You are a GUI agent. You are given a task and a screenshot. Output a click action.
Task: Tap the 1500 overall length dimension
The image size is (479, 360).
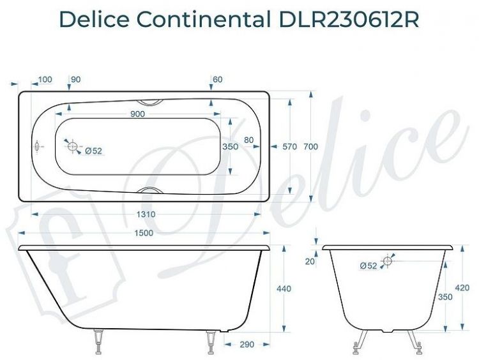pyautogui.click(x=144, y=233)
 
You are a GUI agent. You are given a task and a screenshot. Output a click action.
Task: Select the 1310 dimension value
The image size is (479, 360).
pyautogui.click(x=146, y=214)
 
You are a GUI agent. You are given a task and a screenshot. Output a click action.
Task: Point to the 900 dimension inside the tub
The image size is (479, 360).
pyautogui.click(x=137, y=114)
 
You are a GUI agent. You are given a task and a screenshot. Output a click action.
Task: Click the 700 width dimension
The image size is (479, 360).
pyautogui.click(x=310, y=147)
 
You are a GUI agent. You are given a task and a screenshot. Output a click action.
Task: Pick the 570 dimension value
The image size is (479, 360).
pyautogui.click(x=290, y=147)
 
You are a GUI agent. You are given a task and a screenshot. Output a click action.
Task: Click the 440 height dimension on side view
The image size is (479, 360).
pyautogui.click(x=283, y=289)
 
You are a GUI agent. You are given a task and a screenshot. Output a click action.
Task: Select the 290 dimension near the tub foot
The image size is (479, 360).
pyautogui.click(x=247, y=345)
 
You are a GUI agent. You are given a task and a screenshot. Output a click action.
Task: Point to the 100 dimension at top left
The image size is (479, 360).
pyautogui.click(x=45, y=80)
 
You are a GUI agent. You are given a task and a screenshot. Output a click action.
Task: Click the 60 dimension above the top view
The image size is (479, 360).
pyautogui.click(x=218, y=80)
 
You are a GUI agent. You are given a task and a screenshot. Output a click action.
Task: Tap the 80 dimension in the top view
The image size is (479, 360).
pyautogui.click(x=249, y=140)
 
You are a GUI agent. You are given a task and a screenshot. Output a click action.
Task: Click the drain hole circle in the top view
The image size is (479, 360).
pyautogui.click(x=73, y=147)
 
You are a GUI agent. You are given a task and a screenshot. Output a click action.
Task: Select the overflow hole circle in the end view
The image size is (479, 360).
pyautogui.click(x=388, y=260)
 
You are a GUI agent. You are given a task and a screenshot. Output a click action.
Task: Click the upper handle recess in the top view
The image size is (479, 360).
pyautogui.click(x=150, y=101)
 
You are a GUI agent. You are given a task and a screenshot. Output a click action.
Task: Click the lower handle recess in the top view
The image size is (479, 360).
pyautogui.click(x=151, y=191)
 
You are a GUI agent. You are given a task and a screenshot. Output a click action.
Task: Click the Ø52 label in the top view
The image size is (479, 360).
pyautogui.click(x=93, y=151)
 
